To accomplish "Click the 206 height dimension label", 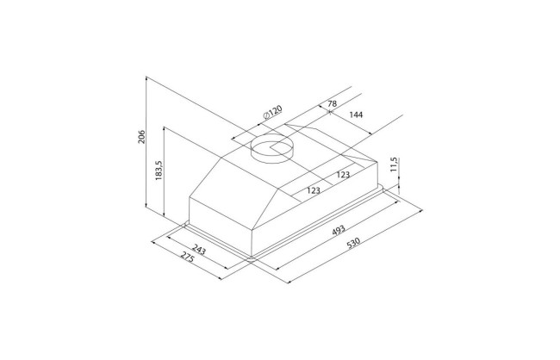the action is point(141,136).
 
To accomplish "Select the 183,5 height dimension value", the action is point(159,170).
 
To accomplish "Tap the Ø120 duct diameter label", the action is point(272,112).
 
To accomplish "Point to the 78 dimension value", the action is point(332,103).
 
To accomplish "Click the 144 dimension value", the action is point(356,115).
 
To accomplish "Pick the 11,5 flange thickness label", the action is point(394,165).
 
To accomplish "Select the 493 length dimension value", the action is point(339,230).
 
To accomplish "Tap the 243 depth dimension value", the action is point(199,249).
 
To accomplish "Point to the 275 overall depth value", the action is point(186,257).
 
